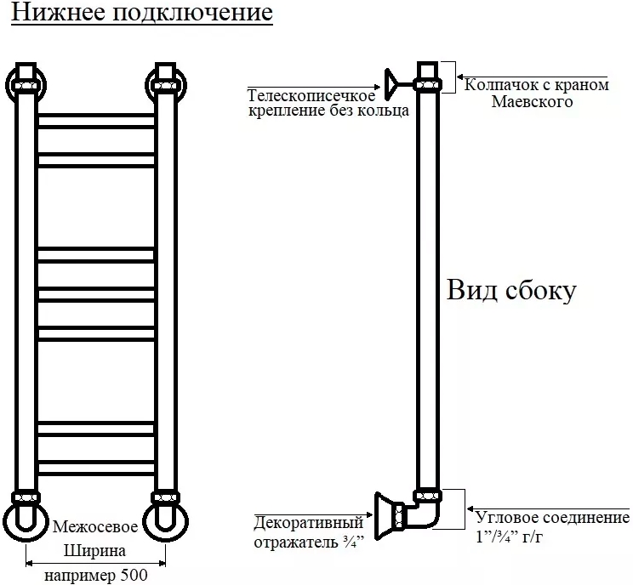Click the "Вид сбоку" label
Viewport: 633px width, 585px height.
(x=511, y=290)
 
